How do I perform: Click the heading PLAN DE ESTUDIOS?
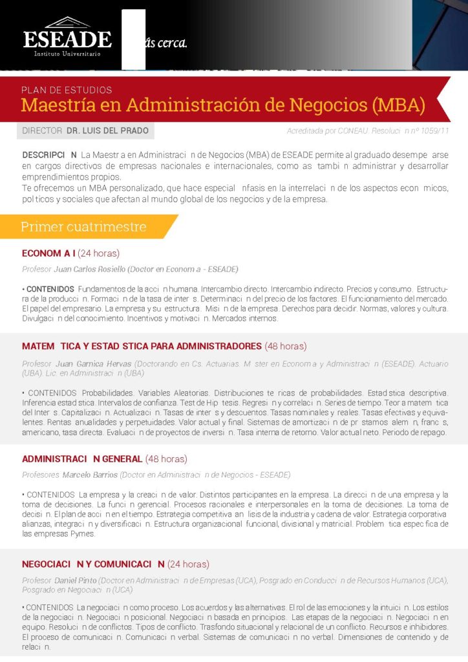[67, 90]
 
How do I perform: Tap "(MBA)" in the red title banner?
[393, 104]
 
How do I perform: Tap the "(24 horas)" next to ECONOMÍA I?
[98, 253]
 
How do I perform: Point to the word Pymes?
[83, 534]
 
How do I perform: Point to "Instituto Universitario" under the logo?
[67, 53]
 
